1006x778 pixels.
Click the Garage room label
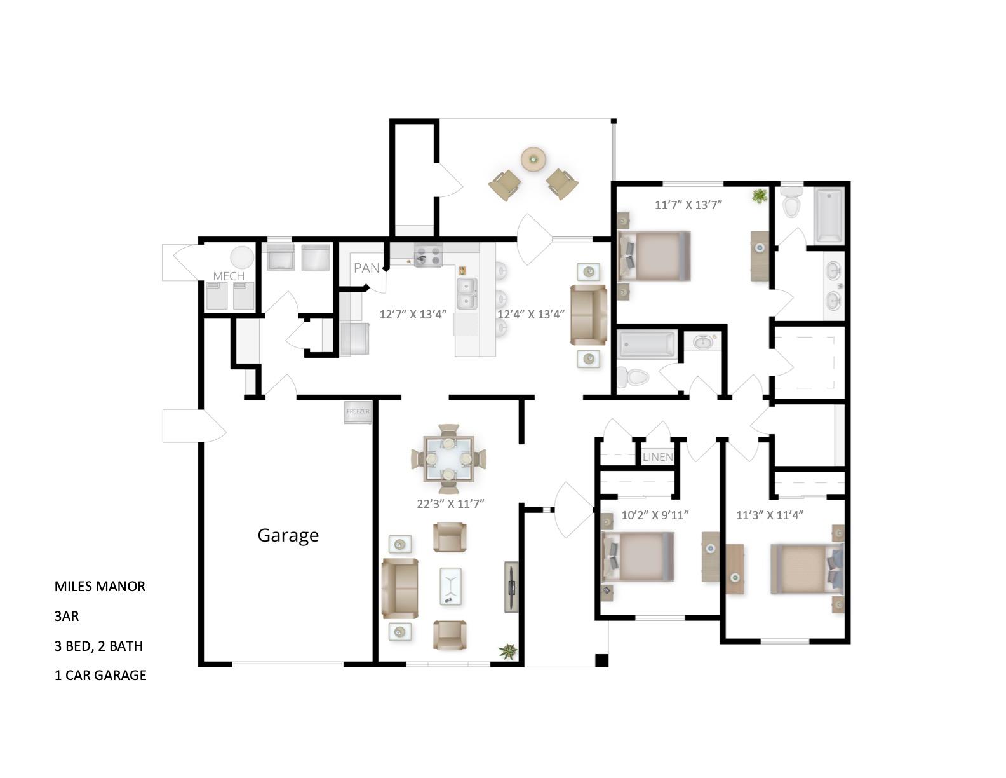point(288,535)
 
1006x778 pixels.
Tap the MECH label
point(229,276)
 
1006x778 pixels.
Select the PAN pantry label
point(366,268)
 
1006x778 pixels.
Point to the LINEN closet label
point(657,457)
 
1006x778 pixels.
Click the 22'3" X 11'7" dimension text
point(450,503)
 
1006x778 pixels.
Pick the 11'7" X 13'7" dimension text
point(689,205)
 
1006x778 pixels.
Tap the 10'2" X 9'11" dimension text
point(655,515)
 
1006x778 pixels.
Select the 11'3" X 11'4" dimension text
point(770,515)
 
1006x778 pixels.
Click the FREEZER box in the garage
point(358,412)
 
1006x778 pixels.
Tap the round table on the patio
point(533,159)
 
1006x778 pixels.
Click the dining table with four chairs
point(449,458)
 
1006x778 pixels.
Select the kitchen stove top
point(428,256)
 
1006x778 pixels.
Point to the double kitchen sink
point(467,293)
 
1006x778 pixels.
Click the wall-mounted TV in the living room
point(511,586)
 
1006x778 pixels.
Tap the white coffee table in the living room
point(450,585)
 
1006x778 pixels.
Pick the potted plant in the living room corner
point(508,651)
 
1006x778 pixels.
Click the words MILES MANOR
point(100,586)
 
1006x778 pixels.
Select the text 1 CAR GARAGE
point(100,675)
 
